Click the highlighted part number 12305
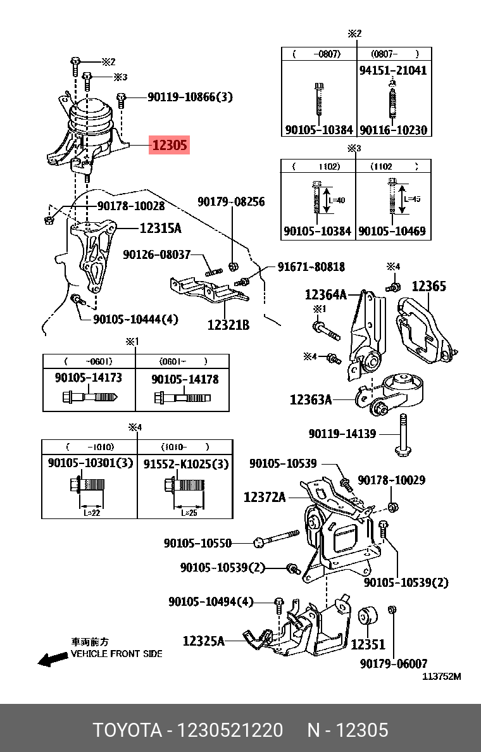point(169,145)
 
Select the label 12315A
point(160,229)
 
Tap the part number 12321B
point(228,325)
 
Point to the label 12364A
point(325,294)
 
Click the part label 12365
point(429,286)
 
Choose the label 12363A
point(311,399)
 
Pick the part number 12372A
point(265,498)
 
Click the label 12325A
point(204,641)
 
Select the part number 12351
point(368,645)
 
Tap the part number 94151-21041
point(393,70)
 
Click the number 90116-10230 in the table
point(393,130)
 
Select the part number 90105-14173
point(89,378)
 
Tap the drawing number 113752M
point(442,676)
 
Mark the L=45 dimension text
point(413,199)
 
